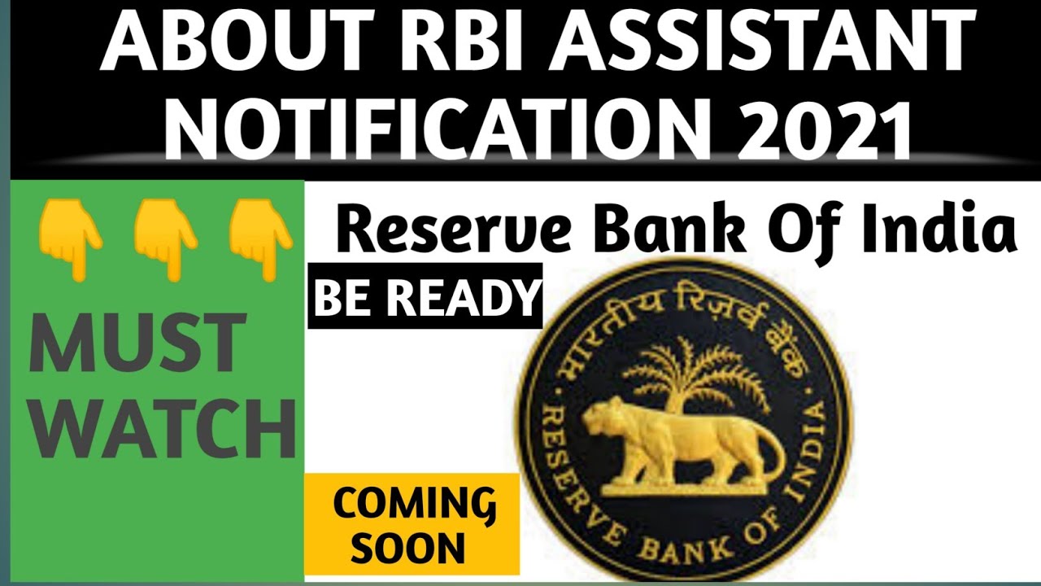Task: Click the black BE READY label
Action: (425, 296)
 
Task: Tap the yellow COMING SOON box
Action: (412, 525)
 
